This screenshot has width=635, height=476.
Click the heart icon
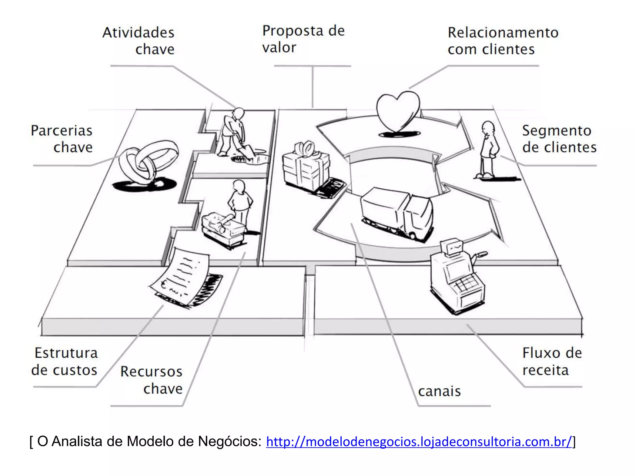point(398,112)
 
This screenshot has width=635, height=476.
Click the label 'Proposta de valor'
point(303,39)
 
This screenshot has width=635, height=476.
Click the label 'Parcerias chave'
point(62,139)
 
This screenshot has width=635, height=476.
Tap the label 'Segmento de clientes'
point(559,139)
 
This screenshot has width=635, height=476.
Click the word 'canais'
point(439,391)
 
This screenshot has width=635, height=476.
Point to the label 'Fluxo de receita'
point(552,361)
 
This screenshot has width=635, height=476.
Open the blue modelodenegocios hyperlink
point(419,442)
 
